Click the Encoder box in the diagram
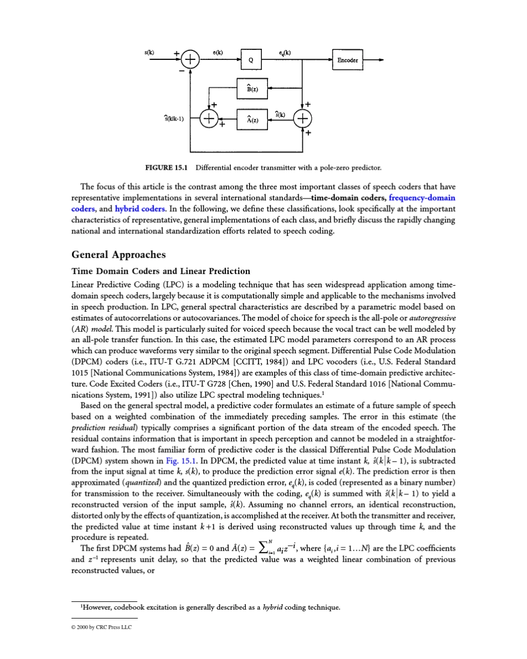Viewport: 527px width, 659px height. point(348,60)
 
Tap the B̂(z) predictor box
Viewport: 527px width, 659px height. point(252,88)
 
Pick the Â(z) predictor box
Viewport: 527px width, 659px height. point(252,119)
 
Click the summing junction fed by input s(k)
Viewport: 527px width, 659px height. point(190,60)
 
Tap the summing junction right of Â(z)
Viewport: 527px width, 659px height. point(303,119)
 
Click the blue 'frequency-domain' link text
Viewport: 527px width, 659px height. point(422,199)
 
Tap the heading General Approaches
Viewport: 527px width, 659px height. point(119,255)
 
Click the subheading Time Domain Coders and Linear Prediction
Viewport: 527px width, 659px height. point(161,271)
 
